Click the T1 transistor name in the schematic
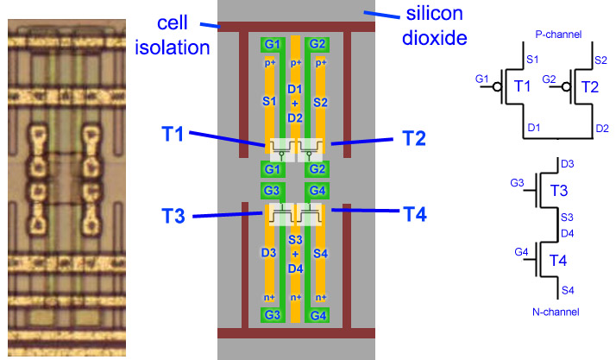click(521, 86)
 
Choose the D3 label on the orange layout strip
click(268, 252)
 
